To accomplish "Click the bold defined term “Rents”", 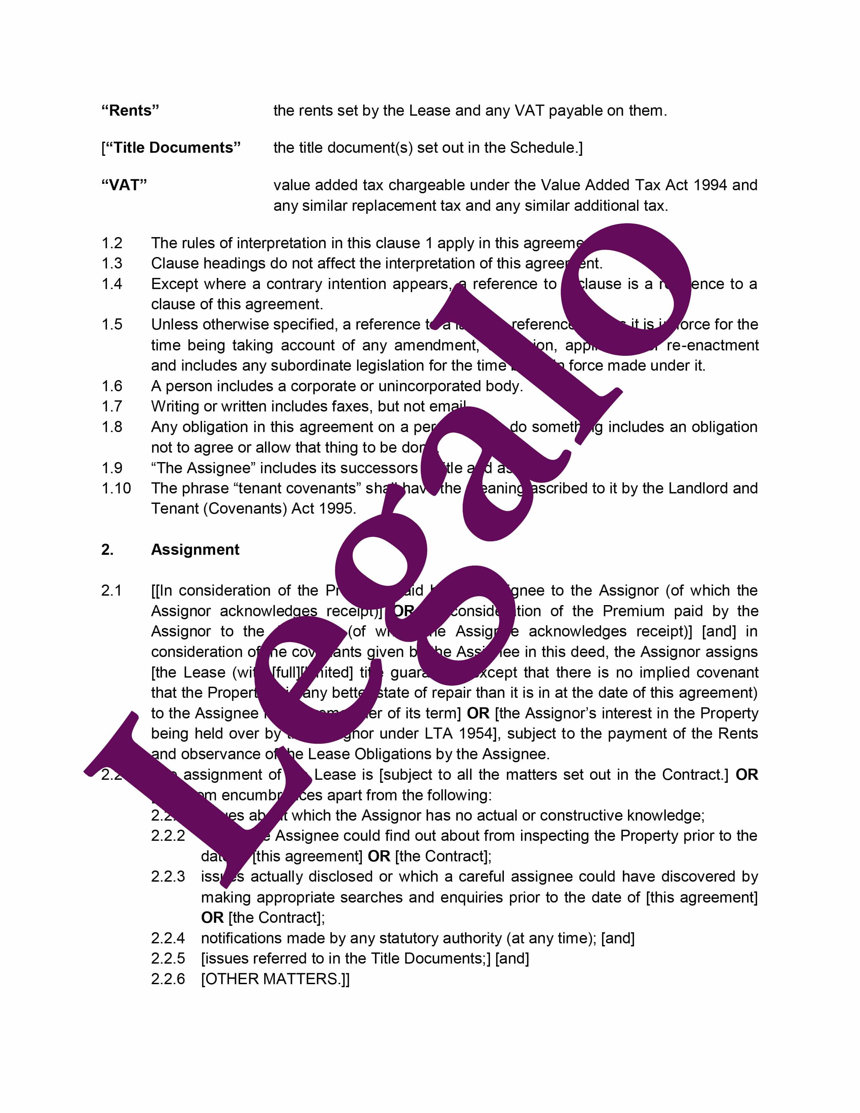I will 131,111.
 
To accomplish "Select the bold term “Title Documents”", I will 171,148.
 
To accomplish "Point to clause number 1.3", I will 112,263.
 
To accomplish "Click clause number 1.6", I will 112,386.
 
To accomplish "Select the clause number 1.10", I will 116,488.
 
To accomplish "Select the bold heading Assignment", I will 195,549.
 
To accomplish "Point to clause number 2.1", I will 112,591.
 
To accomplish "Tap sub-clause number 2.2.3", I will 168,877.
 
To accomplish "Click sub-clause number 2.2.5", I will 168,959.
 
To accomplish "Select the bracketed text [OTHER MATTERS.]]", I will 275,979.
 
